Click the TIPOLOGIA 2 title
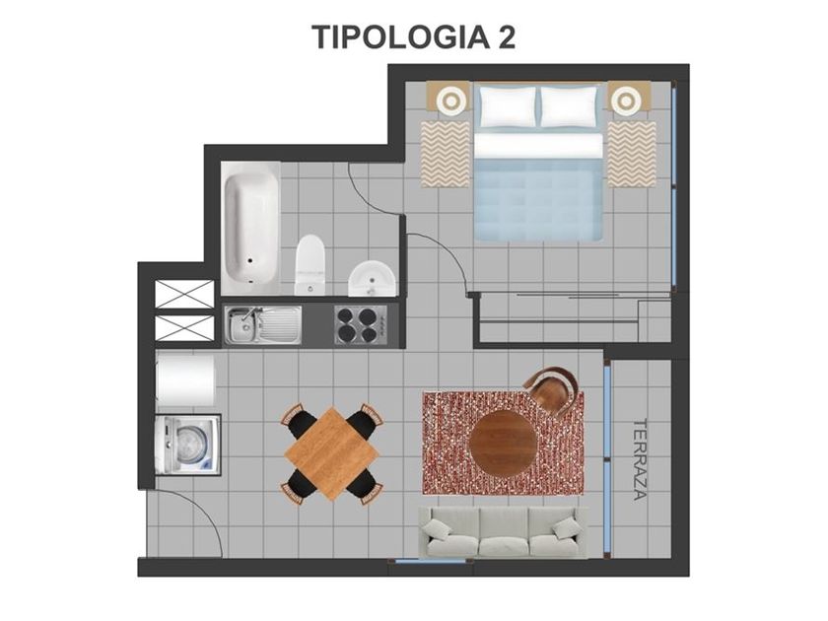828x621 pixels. (413, 37)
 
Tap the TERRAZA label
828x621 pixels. (640, 459)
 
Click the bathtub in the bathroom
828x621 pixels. (250, 228)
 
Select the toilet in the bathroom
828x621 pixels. (310, 264)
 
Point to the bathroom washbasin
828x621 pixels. (372, 279)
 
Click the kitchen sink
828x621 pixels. (262, 325)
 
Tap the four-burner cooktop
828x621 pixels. (361, 324)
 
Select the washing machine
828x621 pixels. (187, 445)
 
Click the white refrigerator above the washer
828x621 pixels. (185, 380)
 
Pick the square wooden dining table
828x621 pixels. (331, 453)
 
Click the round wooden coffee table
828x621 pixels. (502, 443)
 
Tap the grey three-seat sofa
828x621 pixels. (503, 531)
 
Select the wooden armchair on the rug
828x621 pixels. (552, 389)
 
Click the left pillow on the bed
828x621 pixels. (508, 106)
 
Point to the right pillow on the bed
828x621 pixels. (570, 106)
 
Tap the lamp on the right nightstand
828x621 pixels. (626, 99)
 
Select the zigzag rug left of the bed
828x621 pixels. (446, 154)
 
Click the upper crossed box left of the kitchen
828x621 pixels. (184, 295)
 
